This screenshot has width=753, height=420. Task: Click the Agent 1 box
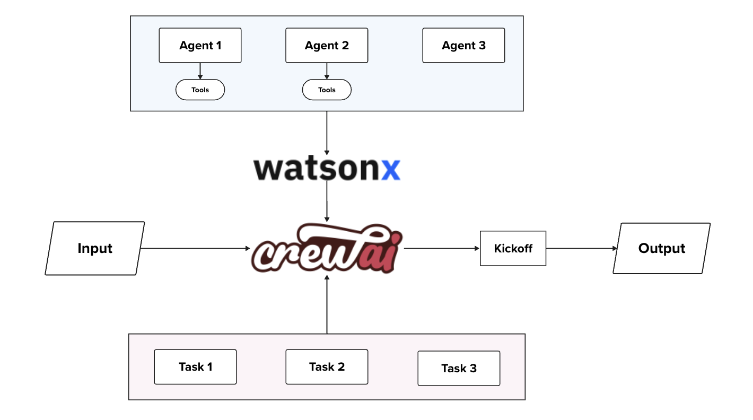(x=200, y=46)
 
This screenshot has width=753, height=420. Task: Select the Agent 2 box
(x=327, y=46)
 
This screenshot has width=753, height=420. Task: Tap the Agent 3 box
(x=463, y=46)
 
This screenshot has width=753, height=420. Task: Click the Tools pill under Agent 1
(x=200, y=90)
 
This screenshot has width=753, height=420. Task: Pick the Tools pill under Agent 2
(x=327, y=90)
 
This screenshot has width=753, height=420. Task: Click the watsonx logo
(x=327, y=169)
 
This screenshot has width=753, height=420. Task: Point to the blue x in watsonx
(x=391, y=169)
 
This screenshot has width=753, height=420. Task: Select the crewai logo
(x=327, y=248)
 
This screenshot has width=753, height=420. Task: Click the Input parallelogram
(x=95, y=248)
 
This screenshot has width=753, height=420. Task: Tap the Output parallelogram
(x=661, y=248)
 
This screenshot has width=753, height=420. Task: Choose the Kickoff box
(x=513, y=248)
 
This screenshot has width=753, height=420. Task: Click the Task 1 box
(x=195, y=366)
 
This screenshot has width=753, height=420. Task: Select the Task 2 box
(x=327, y=366)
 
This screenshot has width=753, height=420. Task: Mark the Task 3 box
(x=459, y=368)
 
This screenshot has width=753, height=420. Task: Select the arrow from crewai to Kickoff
(x=441, y=248)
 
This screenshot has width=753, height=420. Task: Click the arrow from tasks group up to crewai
(x=327, y=305)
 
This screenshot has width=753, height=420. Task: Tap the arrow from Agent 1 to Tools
(x=200, y=71)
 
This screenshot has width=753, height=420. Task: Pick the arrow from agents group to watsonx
(x=327, y=133)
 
